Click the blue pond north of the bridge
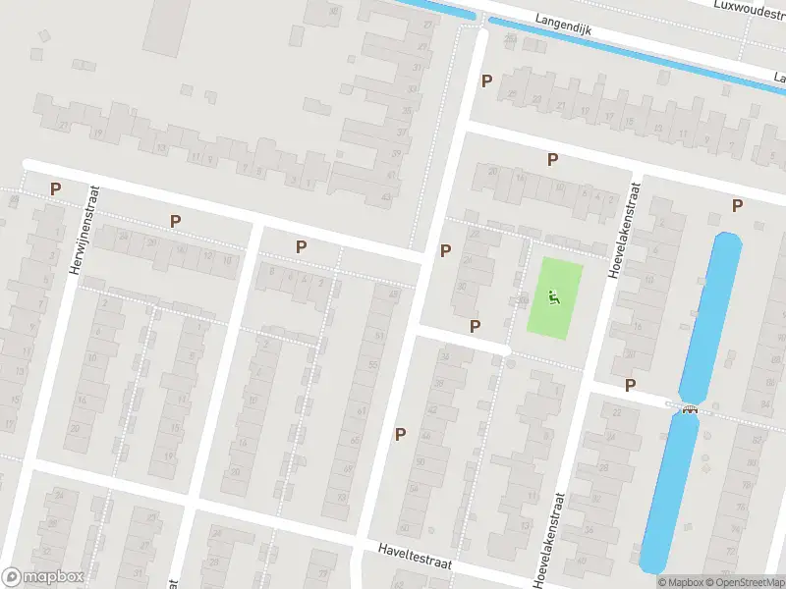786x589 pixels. tap(711, 314)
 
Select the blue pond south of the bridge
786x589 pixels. tap(670, 491)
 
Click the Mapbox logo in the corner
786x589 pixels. tap(43, 577)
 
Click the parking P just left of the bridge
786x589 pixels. tap(630, 385)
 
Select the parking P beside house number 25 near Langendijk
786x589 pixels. tap(484, 81)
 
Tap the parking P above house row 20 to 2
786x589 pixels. tap(552, 159)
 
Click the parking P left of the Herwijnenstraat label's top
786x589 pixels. tap(56, 188)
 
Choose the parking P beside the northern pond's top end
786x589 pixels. tap(737, 204)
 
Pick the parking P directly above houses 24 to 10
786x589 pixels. tap(175, 222)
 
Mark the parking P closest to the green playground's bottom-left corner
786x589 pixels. tap(476, 326)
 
